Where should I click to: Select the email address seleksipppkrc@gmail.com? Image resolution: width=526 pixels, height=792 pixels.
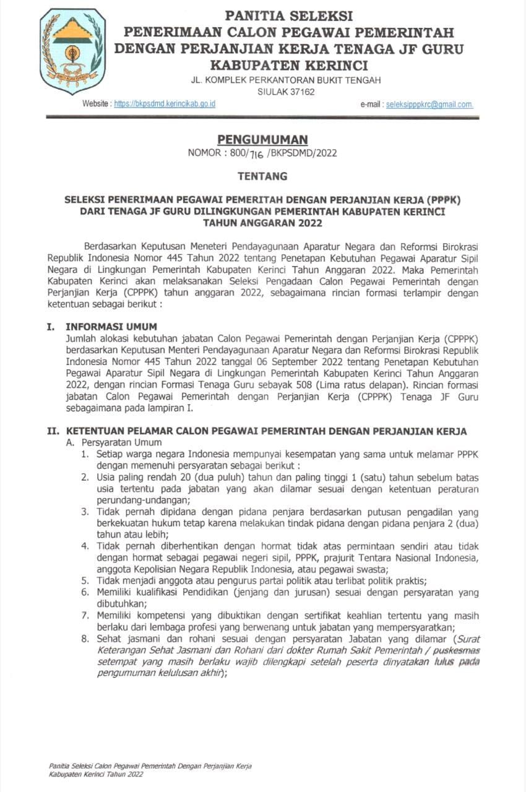point(429,105)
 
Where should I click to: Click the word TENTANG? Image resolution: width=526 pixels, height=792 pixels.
point(263,176)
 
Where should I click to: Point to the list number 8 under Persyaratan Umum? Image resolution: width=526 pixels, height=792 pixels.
point(85,638)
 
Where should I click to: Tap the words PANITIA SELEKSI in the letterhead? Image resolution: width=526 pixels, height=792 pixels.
point(289,15)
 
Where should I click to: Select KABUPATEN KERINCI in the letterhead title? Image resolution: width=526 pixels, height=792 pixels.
point(289,65)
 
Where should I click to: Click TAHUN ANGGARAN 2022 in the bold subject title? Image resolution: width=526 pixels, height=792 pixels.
point(262,223)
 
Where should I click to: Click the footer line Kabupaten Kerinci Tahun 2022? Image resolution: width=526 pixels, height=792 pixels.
point(96,774)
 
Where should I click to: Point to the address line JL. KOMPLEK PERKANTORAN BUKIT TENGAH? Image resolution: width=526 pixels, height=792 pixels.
point(286,80)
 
